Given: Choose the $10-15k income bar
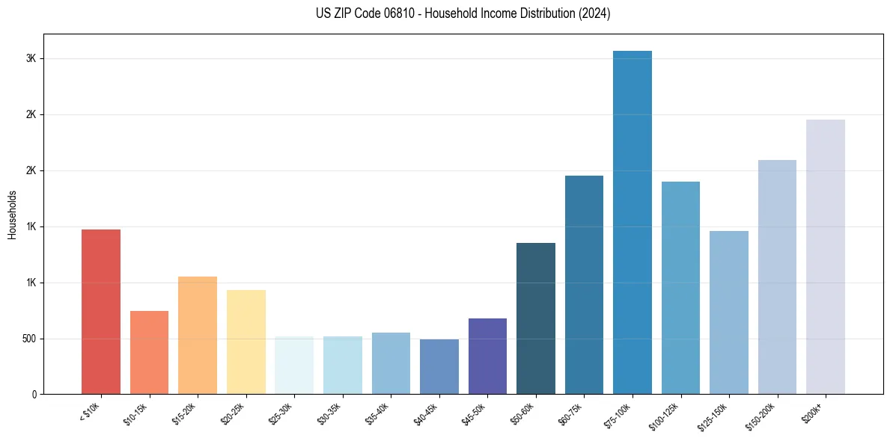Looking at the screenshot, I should pos(149,352).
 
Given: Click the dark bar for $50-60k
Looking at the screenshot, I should pos(536,318).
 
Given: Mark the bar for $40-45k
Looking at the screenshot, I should pos(439,366).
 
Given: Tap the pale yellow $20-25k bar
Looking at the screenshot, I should pos(246,342).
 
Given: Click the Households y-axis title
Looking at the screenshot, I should pos(12,215).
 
